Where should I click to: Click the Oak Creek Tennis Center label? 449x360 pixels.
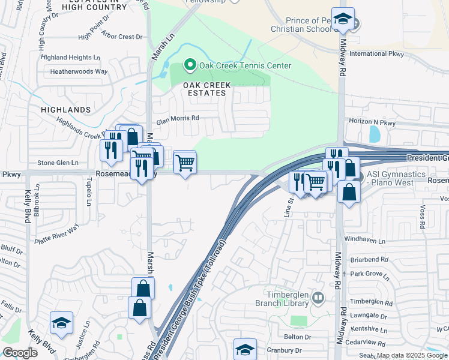245,66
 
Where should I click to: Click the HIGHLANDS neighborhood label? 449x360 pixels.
65,110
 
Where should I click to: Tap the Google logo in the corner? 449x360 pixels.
20,353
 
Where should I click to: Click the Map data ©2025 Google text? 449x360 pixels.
411,355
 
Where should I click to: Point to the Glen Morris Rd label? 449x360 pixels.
178,118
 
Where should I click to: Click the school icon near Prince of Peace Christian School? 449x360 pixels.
343,20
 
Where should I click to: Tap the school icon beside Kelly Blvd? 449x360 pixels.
61,324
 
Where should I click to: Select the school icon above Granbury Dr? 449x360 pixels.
245,349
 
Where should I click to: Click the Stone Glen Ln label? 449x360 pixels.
58,163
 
